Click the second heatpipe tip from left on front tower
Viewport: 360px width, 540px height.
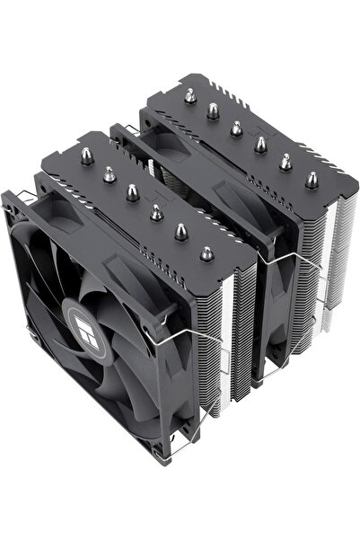coord(109,175)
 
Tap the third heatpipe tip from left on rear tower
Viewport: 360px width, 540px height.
coord(236,128)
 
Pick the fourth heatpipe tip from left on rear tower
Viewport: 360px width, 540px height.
coord(261,144)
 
